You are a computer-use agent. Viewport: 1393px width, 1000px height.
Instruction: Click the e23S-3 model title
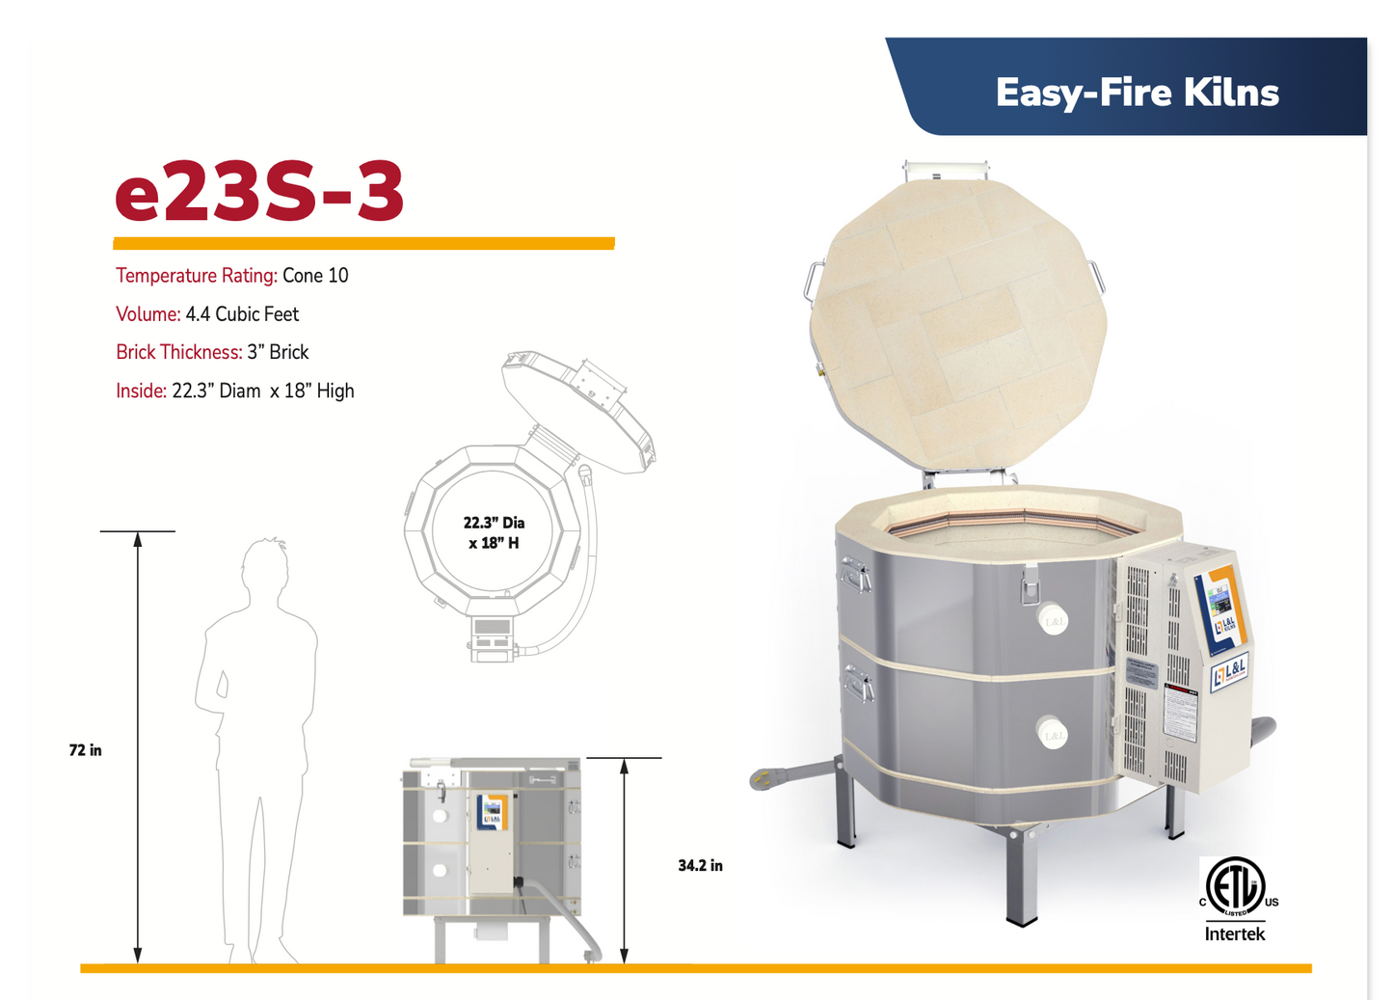(259, 192)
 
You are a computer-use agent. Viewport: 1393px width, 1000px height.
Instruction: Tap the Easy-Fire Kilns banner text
(1137, 93)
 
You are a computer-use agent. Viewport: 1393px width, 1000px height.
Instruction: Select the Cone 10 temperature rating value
(315, 276)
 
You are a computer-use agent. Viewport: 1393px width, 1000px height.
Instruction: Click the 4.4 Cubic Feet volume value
(242, 314)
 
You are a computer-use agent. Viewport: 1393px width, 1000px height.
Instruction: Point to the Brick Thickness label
(178, 352)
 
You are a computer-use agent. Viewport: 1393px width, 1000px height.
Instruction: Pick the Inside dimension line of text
(235, 391)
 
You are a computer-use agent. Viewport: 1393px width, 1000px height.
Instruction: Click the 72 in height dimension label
(86, 750)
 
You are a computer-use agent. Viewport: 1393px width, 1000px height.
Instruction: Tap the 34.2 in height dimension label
(700, 866)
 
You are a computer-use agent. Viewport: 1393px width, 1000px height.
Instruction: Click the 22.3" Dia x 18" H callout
(494, 532)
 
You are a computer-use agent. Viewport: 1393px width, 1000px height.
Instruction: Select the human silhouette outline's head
(265, 566)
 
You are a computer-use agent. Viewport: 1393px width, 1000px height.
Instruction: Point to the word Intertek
(1235, 933)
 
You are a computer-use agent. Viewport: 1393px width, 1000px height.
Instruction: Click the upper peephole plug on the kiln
(1053, 620)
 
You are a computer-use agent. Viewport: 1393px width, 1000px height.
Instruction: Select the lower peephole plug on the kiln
(1053, 734)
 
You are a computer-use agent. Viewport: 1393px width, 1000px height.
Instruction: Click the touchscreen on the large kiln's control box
(1219, 605)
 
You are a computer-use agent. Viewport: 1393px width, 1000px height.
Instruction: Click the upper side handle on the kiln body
(854, 578)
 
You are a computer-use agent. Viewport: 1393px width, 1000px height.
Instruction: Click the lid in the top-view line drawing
(578, 412)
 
